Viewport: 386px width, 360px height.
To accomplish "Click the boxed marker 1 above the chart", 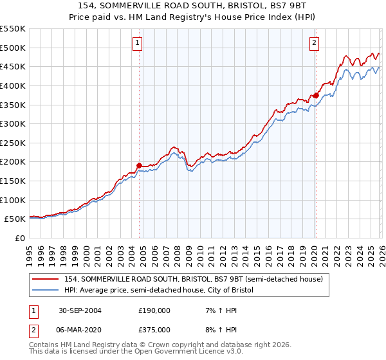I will (138, 43).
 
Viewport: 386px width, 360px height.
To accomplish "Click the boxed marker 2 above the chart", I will (315, 43).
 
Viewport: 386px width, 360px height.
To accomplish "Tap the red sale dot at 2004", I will (140, 165).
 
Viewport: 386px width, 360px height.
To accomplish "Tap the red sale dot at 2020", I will (316, 95).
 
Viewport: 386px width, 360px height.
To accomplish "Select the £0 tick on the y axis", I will (20, 238).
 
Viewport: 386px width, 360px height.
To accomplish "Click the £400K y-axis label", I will (13, 85).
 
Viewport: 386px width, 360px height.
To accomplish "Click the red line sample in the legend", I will (46, 279).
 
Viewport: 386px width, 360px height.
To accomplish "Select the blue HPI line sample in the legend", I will (46, 291).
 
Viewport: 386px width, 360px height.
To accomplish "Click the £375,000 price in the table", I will (154, 329).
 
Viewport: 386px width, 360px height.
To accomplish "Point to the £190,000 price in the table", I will (154, 310).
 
